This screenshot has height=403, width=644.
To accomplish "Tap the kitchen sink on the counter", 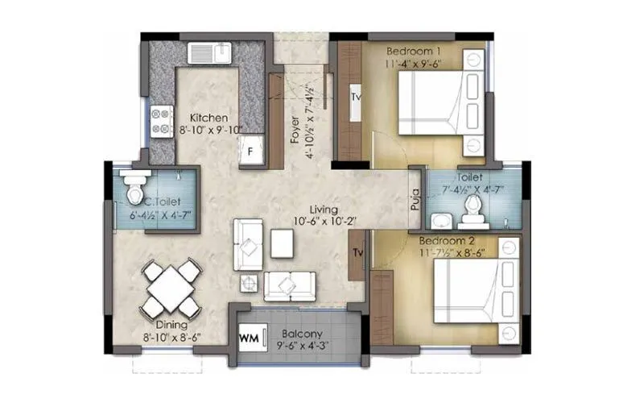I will (x=210, y=53).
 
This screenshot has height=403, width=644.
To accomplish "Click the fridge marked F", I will (x=251, y=151).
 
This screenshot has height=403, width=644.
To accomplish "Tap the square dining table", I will (x=170, y=288).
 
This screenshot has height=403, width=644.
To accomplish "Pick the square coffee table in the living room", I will (x=282, y=243).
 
